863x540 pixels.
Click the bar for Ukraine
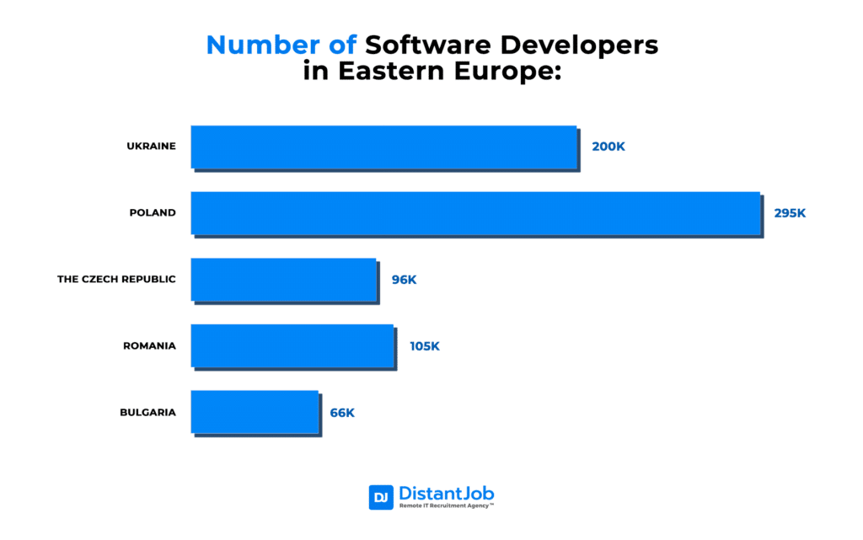click(x=383, y=147)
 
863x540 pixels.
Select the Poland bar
click(x=475, y=212)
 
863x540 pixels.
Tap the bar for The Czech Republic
click(x=283, y=279)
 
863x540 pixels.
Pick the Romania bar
click(x=292, y=345)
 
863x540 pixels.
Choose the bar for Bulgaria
click(x=255, y=412)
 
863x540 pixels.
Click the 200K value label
click(x=608, y=147)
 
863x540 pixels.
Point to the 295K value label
click(x=790, y=213)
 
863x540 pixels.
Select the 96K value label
click(x=404, y=279)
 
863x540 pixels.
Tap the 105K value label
click(x=424, y=345)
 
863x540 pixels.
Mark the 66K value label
click(x=342, y=412)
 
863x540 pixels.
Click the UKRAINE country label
click(x=151, y=146)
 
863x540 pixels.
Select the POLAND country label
click(x=153, y=212)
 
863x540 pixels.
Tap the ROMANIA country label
click(x=149, y=345)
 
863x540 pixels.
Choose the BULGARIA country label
click(x=147, y=412)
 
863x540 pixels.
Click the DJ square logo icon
click(x=381, y=497)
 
